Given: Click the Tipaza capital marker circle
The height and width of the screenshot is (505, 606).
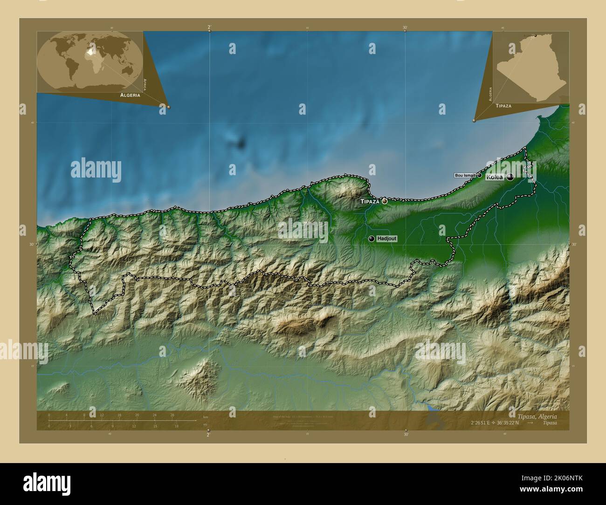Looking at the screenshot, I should tap(385, 201).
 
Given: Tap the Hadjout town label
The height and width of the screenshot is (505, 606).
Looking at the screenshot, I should tap(387, 239).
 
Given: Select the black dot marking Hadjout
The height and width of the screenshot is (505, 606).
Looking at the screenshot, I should tap(372, 239).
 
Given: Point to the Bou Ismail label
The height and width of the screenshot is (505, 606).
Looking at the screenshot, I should tap(465, 175).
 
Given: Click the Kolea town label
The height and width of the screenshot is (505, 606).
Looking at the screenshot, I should tap(495, 177).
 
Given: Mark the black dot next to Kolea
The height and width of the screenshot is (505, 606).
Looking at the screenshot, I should tap(510, 177).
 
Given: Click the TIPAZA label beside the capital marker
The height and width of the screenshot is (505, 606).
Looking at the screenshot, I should tap(370, 201).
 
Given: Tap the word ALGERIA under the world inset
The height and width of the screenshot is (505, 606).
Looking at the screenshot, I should tap(130, 95).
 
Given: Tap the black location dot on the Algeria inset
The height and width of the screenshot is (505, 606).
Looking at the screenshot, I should tap(535, 35).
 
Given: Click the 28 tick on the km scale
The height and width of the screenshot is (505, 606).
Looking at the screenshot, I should tap(172, 415).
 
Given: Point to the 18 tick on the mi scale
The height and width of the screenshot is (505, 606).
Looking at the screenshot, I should tap(176, 426).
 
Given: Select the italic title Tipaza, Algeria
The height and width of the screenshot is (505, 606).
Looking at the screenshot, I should tap(537, 416).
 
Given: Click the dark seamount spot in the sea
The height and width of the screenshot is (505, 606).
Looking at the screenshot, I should tap(241, 144).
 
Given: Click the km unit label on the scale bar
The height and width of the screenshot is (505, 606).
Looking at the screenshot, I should tap(206, 416).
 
